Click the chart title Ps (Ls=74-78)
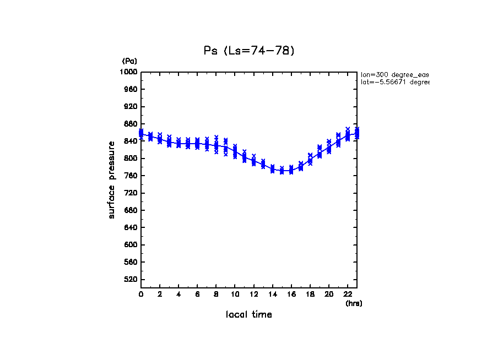pos(249,51)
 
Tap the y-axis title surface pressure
pos(112,179)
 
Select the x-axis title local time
pos(249,315)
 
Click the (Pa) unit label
pos(129,61)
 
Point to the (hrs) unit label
pos(354,303)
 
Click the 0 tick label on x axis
pos(141,294)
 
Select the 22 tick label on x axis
pos(348,294)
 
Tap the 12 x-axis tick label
pos(253,294)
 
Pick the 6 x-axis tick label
pos(197,294)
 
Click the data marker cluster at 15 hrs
pos(282,171)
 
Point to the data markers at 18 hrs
pos(310,159)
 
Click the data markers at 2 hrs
pos(160,138)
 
